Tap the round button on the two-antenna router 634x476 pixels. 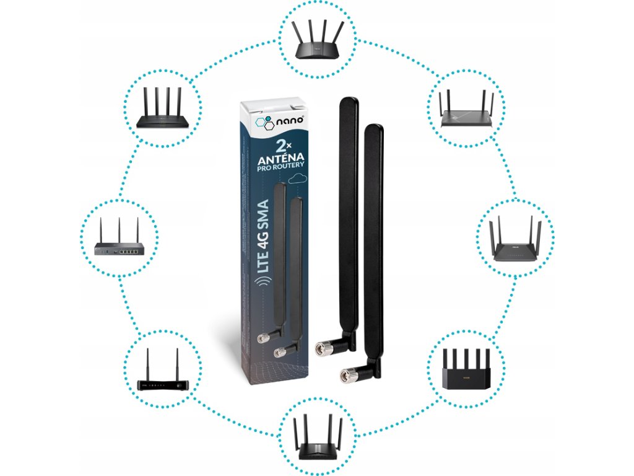tap(180, 385)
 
